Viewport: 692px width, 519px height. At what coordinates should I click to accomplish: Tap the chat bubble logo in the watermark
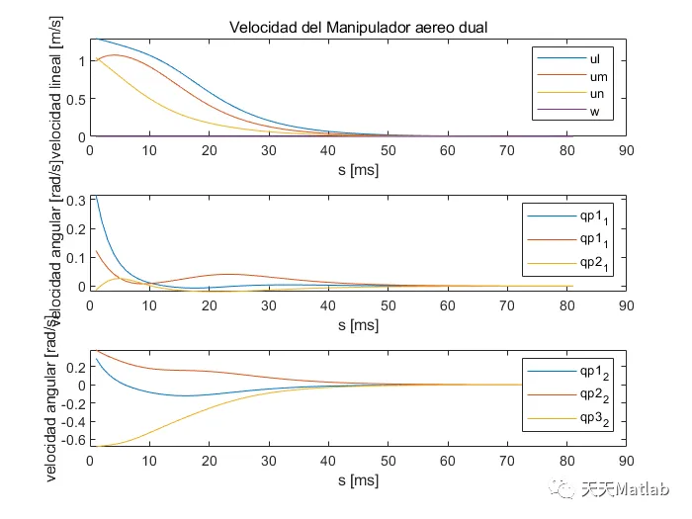[564, 488]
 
